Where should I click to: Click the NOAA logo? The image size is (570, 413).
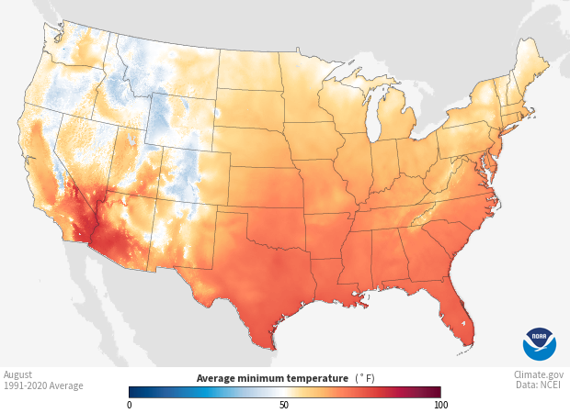tap(540, 344)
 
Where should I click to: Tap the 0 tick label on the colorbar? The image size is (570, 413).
tap(130, 405)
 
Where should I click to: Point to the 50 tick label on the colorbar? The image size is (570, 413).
tap(284, 405)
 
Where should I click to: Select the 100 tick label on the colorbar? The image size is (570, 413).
tap(440, 405)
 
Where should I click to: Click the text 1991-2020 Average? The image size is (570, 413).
tap(43, 385)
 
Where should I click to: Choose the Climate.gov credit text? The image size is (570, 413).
tap(540, 374)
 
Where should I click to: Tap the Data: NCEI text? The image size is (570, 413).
tap(540, 385)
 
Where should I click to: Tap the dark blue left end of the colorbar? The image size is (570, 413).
tap(132, 392)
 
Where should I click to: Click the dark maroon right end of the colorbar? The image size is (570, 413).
tap(438, 392)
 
